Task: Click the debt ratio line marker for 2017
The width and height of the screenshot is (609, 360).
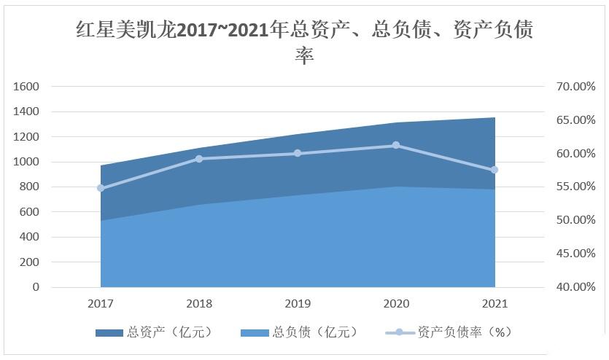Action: tap(101, 188)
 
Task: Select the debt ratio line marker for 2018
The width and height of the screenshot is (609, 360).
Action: tap(199, 158)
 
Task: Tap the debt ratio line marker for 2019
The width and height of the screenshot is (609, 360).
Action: tap(298, 153)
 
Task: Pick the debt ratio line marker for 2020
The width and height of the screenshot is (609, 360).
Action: tap(396, 145)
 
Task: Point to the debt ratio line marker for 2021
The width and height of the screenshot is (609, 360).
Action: tap(494, 170)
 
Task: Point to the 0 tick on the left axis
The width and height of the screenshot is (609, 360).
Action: tap(35, 287)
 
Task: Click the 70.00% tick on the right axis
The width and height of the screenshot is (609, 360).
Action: tap(575, 86)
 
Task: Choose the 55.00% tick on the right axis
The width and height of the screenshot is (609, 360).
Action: tap(575, 187)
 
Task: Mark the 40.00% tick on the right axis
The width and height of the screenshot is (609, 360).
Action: tap(575, 287)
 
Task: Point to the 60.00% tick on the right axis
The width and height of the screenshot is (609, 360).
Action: tap(575, 153)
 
